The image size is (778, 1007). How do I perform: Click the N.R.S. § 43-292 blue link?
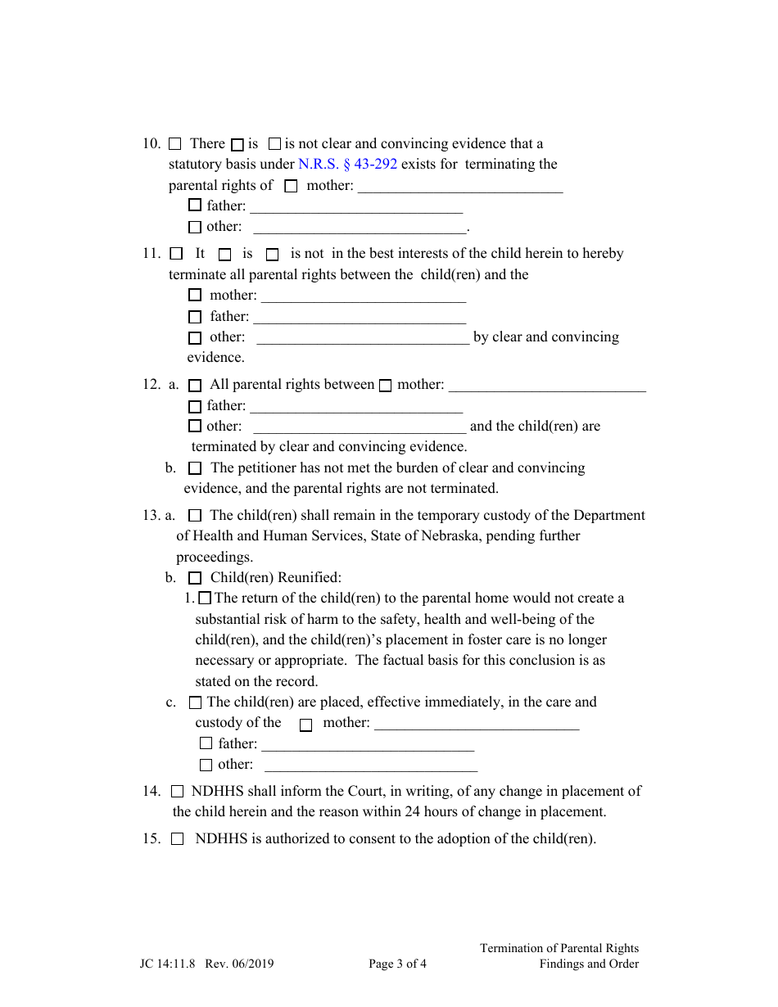tap(347, 164)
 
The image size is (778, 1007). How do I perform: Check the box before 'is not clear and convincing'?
tap(275, 144)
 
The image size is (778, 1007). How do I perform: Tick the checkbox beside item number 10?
tap(174, 144)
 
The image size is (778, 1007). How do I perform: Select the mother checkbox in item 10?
tap(291, 186)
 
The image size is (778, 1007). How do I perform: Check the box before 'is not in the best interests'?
tap(272, 255)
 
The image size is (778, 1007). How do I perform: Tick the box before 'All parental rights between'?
tap(194, 385)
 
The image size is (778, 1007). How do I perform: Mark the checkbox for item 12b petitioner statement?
tap(194, 468)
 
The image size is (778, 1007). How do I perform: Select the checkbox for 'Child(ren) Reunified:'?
tap(194, 578)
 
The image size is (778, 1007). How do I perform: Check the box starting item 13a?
tap(194, 516)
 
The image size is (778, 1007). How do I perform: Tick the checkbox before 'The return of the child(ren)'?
tap(205, 598)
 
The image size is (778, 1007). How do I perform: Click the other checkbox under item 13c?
tap(206, 765)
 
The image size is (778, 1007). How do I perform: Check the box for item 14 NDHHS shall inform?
tap(178, 792)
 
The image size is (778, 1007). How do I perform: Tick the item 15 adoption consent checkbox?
tap(178, 839)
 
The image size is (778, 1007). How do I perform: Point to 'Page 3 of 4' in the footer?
tap(397, 964)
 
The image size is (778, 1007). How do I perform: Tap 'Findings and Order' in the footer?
tap(588, 964)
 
